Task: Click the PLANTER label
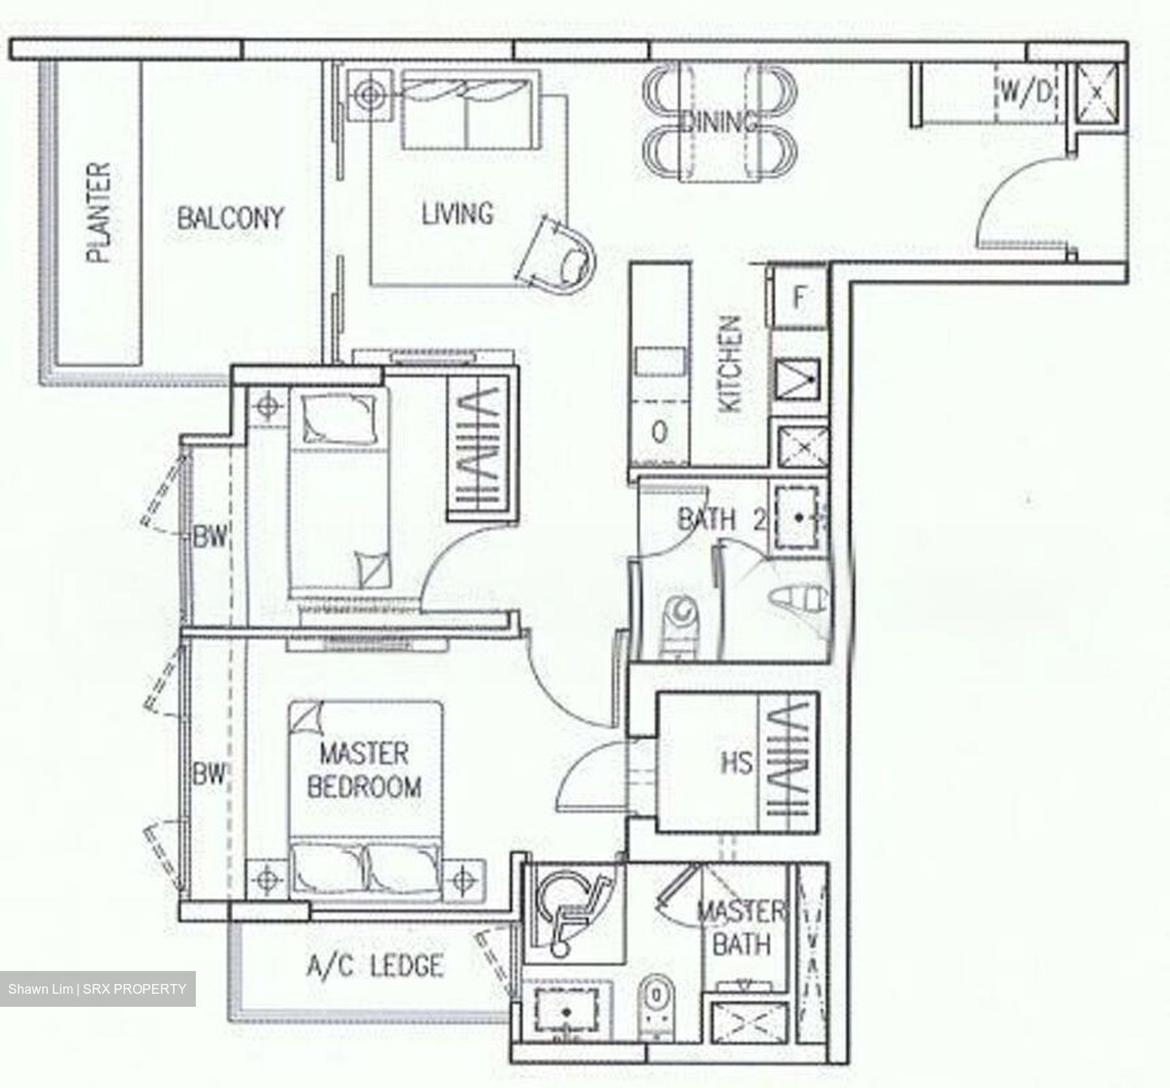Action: (98, 213)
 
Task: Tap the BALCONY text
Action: (230, 218)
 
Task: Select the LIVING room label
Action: (457, 214)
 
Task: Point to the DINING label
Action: (720, 122)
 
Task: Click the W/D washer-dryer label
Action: (1025, 93)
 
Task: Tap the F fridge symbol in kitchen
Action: (798, 298)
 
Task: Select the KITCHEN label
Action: (730, 364)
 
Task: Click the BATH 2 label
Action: (721, 519)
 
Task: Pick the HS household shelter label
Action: (736, 763)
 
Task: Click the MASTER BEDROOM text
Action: (364, 770)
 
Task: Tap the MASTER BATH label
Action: (740, 928)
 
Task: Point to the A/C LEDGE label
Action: (375, 966)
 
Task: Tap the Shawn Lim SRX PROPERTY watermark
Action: (97, 989)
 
